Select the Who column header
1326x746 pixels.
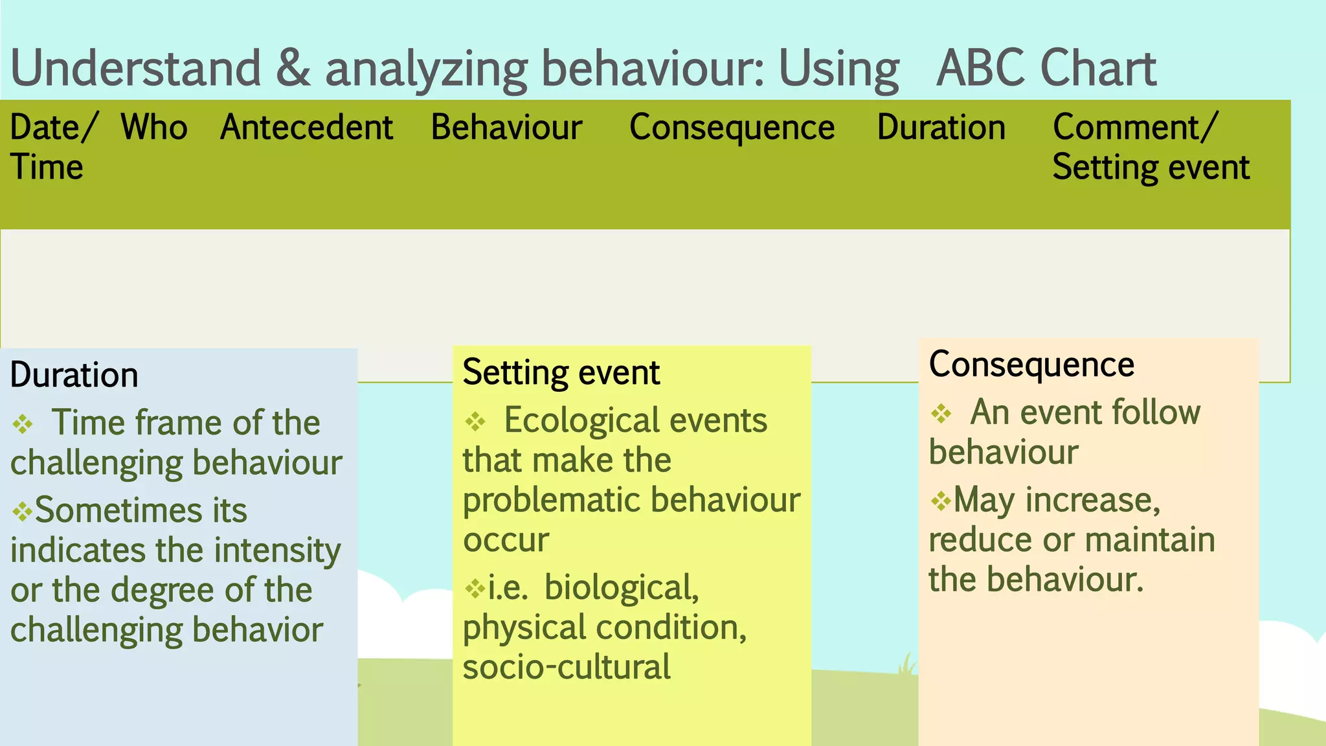pos(154,127)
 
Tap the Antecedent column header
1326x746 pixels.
pos(306,127)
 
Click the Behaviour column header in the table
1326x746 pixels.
pos(506,127)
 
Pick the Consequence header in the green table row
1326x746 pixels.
pos(732,127)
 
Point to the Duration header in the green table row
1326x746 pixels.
pos(941,127)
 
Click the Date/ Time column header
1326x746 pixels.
pos(52,146)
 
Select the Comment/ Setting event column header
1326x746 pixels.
pos(1150,146)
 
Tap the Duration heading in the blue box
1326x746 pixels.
pos(74,375)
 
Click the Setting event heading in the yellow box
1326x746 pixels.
pos(561,372)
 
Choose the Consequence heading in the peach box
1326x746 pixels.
pos(1031,364)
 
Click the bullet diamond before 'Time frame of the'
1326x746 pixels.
pos(23,424)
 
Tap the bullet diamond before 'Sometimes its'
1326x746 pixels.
pos(22,512)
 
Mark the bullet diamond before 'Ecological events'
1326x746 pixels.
pos(475,422)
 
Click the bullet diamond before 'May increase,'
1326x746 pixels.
pos(940,501)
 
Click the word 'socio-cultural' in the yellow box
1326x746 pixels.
pos(567,668)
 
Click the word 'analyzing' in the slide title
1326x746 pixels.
pos(427,69)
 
